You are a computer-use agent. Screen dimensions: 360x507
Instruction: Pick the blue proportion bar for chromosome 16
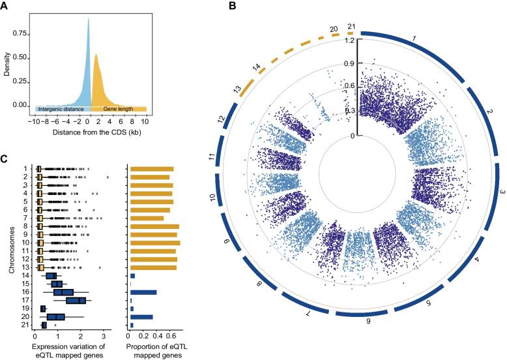tap(143, 292)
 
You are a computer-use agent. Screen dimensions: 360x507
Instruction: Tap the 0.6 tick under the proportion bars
tap(171, 338)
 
